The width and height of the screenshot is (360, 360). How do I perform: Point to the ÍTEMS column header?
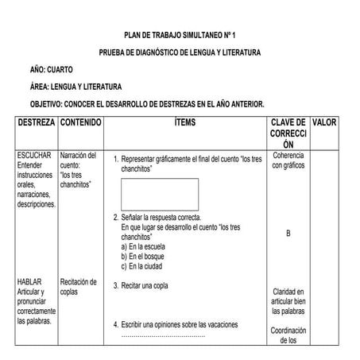point(184,123)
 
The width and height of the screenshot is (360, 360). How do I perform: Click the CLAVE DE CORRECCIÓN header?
point(288,134)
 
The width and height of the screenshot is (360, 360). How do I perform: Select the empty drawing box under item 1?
point(160,195)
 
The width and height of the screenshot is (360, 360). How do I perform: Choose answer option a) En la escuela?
point(148,247)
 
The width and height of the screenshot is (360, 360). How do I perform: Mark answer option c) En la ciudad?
point(147,266)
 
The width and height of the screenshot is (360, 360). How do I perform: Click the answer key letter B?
point(288,233)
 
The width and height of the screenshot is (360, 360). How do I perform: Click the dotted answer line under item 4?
point(163,335)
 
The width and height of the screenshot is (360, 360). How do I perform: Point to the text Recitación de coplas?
point(79,286)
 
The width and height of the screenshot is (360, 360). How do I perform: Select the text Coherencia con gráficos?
point(288,161)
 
